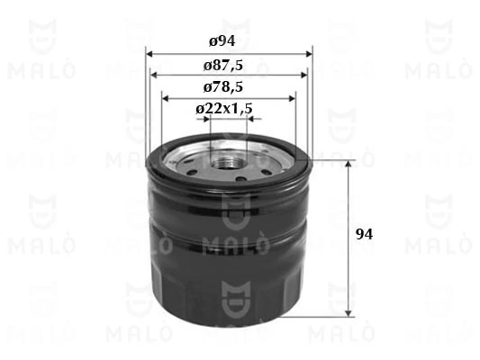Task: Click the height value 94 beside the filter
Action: (x=365, y=234)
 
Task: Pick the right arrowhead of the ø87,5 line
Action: (x=302, y=75)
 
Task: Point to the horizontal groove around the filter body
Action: (x=227, y=238)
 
